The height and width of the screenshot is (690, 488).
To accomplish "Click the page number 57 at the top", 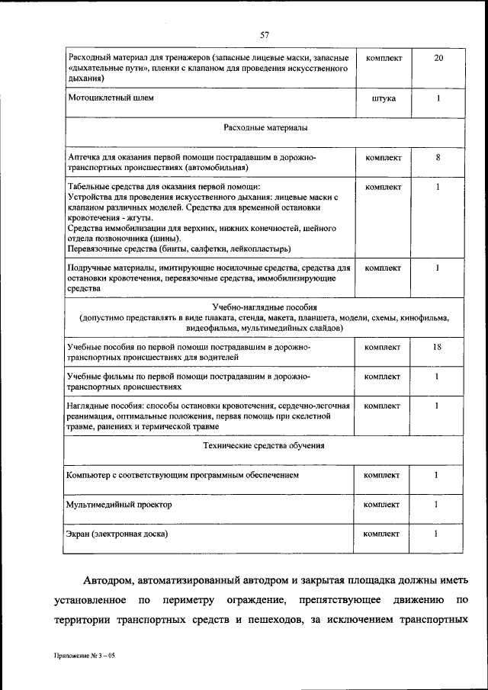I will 265,34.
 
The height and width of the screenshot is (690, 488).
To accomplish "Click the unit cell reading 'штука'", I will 382,98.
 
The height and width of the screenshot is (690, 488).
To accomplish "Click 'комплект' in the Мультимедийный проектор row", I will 382,505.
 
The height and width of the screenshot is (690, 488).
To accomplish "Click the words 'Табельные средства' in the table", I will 107,186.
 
